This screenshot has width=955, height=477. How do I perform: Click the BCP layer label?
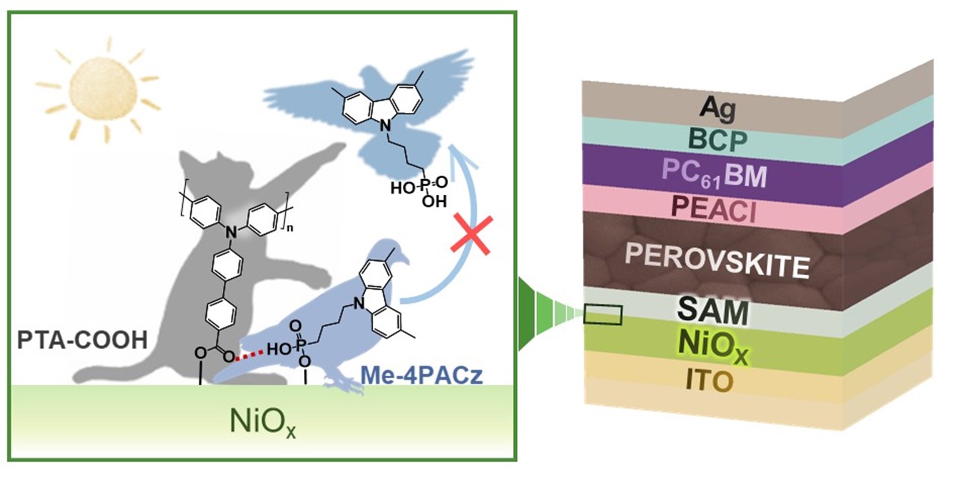718,140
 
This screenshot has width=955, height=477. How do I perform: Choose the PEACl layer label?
714,209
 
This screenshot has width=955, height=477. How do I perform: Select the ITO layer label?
709,380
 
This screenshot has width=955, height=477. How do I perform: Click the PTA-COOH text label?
82,340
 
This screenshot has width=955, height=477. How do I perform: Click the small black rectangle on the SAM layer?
603,315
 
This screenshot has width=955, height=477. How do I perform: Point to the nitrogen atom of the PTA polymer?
231,232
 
